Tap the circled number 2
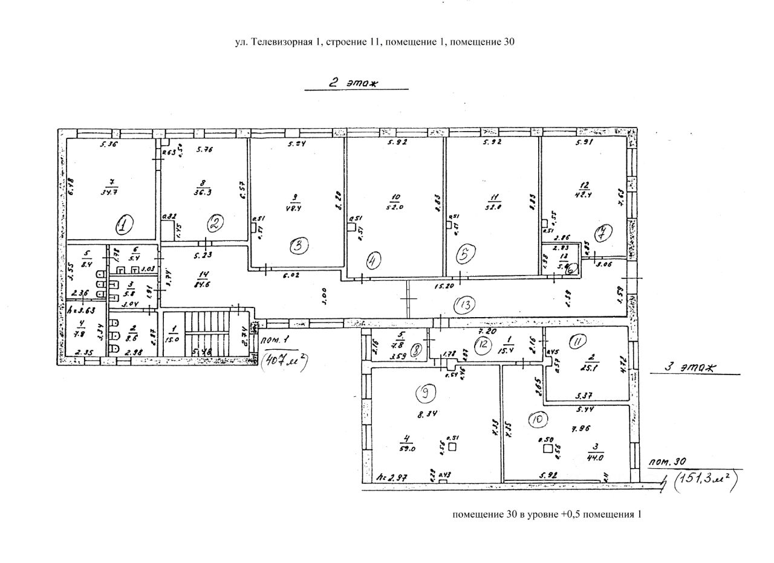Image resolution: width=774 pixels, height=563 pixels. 215,224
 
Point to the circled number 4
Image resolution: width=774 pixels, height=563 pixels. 374,260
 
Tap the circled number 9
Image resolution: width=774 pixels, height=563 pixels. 426,393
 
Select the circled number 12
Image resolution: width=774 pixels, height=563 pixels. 483,344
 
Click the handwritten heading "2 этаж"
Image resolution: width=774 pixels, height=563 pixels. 353,84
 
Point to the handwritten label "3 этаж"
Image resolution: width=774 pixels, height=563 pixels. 690,367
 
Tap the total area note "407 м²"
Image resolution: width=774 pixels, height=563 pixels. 284,362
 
